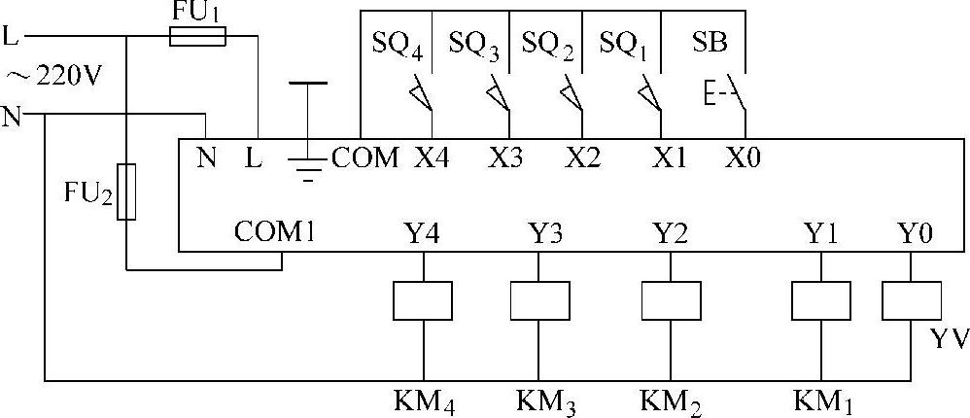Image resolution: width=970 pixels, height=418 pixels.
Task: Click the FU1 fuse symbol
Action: tap(198, 37)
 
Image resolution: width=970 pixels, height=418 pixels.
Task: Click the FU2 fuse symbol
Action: tap(126, 192)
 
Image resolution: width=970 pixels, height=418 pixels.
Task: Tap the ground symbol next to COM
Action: tap(308, 165)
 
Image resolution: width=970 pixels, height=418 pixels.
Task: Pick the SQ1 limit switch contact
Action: tap(649, 95)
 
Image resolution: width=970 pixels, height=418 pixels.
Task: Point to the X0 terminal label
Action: tap(743, 157)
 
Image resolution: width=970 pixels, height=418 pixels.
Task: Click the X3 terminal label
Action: tap(504, 157)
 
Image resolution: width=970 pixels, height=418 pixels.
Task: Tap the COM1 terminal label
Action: tap(274, 233)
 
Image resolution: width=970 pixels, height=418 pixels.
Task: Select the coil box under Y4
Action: tap(423, 300)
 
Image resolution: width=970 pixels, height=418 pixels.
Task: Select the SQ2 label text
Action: tap(547, 44)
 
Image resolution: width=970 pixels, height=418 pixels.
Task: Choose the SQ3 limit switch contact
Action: tap(498, 95)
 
